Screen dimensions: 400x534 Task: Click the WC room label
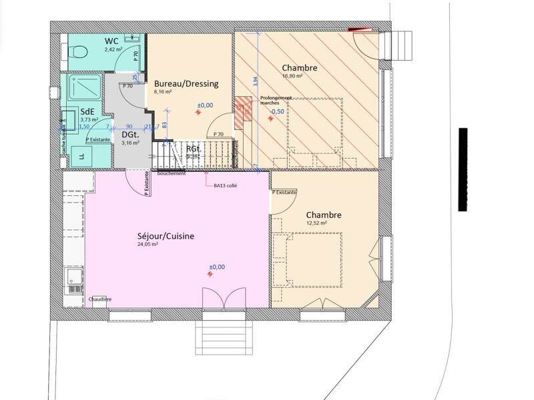(x=111, y=41)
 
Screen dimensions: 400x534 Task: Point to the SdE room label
(x=87, y=111)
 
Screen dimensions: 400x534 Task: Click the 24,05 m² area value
(x=148, y=245)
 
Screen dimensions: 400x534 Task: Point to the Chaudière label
(x=100, y=299)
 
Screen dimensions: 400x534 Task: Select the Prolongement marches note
(x=276, y=100)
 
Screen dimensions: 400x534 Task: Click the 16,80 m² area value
(x=292, y=77)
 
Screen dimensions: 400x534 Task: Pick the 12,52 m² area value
(x=316, y=223)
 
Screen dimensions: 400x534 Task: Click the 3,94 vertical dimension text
(x=255, y=80)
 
